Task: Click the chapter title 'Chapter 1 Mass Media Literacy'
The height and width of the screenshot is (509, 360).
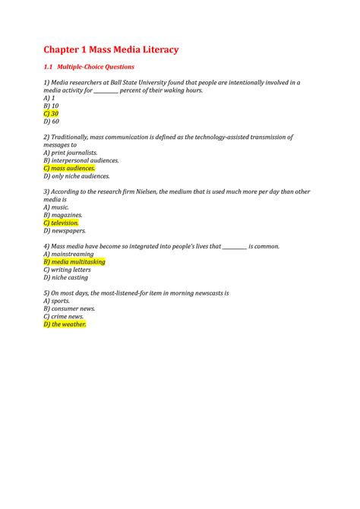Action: click(111, 49)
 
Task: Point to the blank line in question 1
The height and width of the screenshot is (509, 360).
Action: click(106, 90)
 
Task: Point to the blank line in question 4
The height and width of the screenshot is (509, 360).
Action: click(235, 247)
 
